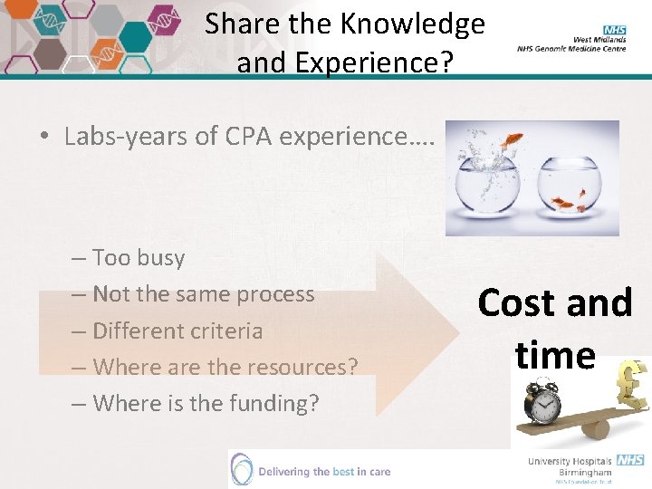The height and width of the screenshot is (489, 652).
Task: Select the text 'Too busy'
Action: (x=139, y=258)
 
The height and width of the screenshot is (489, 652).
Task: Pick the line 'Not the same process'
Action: (x=204, y=294)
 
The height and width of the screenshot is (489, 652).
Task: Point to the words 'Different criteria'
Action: (x=177, y=331)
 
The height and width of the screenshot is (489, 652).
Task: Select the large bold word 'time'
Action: (x=555, y=354)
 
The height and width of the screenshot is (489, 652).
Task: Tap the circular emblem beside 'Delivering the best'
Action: (x=242, y=469)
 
